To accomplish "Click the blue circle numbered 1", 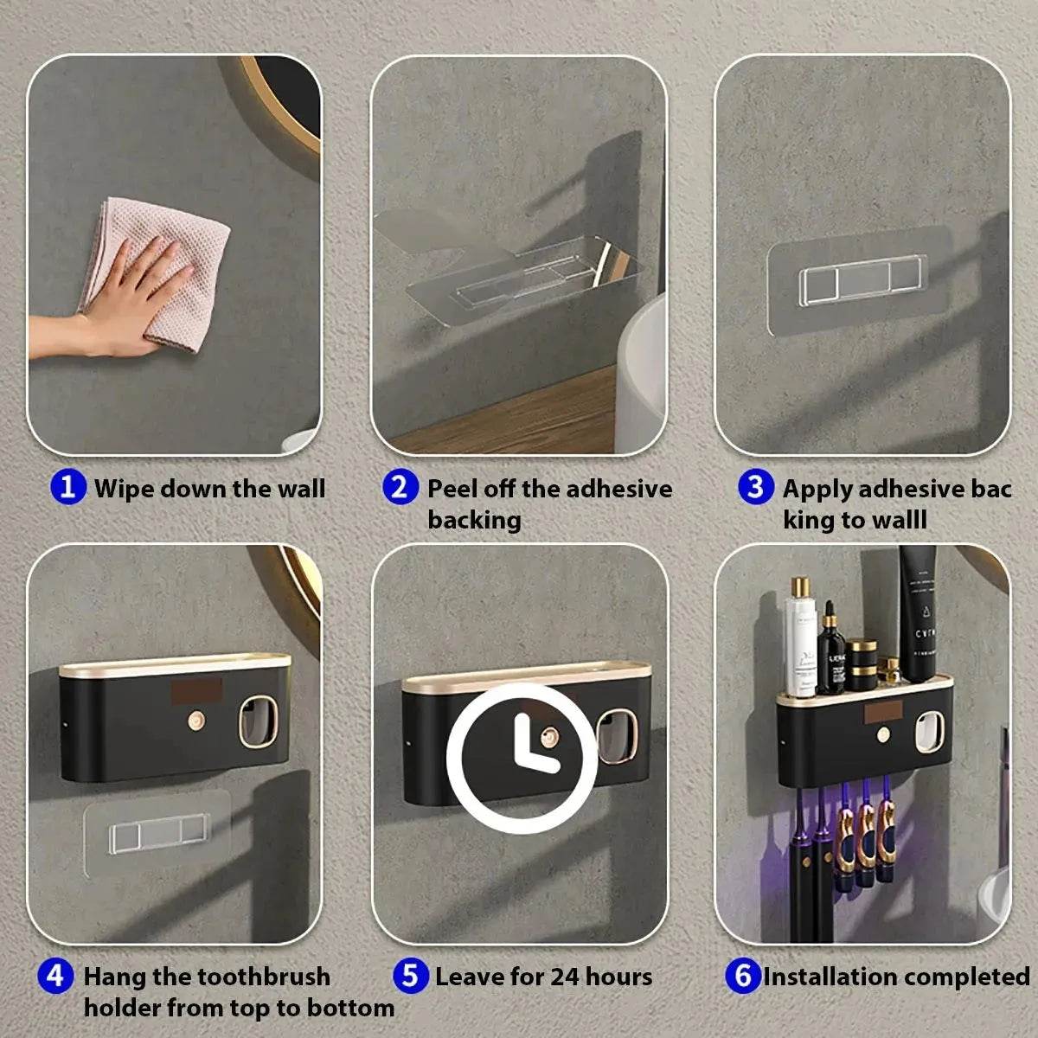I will [x=68, y=487].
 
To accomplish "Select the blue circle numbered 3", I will [x=756, y=487].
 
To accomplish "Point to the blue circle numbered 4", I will [x=55, y=976].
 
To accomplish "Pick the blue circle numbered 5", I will [x=410, y=976].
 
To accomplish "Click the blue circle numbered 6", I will [x=742, y=976].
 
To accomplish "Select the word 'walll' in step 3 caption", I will [x=896, y=520].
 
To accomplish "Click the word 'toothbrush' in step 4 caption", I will [x=263, y=977].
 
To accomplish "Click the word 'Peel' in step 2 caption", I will [x=452, y=488].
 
